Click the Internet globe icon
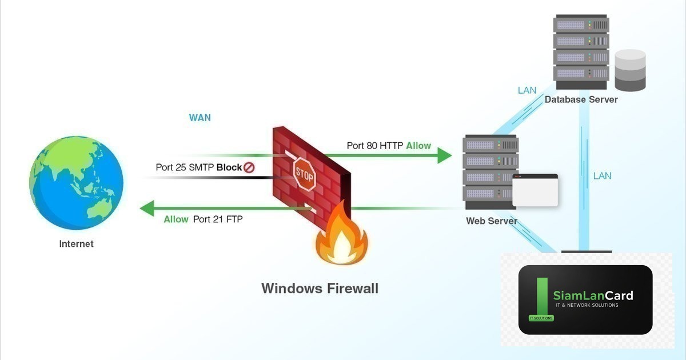click(76, 182)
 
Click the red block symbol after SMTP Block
click(249, 167)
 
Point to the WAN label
click(200, 118)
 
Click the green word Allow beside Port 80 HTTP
click(418, 146)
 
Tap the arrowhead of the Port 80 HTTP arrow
click(445, 155)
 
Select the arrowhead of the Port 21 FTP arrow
click(147, 208)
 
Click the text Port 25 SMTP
click(185, 167)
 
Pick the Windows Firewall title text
click(320, 288)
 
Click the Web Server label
click(491, 221)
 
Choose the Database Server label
click(581, 99)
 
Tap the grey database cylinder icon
click(630, 70)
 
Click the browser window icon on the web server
click(535, 190)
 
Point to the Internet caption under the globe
click(76, 244)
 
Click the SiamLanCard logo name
click(593, 295)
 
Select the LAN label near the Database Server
click(527, 90)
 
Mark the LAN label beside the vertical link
click(602, 175)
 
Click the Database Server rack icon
click(581, 48)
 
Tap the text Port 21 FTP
click(218, 219)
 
